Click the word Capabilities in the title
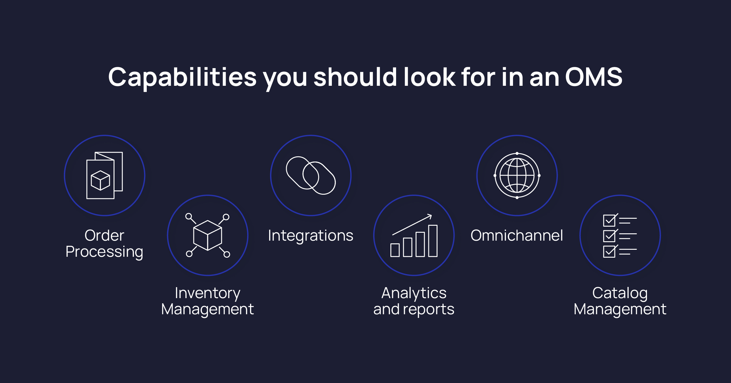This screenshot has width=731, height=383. tap(182, 77)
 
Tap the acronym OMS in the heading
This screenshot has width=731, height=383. tap(594, 77)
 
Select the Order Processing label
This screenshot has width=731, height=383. tap(104, 243)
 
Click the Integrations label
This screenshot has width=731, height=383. tap(311, 235)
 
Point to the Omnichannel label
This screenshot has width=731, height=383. tap(517, 235)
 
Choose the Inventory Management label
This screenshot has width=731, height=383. tap(207, 301)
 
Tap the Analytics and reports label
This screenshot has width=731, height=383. tap(414, 301)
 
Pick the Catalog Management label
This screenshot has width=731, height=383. tap(620, 301)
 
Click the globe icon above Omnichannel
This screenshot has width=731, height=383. tap(517, 176)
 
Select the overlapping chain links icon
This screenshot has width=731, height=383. tap(311, 176)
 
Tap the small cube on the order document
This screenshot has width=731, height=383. tap(100, 180)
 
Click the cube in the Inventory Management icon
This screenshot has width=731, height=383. tap(208, 235)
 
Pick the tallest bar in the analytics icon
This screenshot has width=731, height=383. tap(433, 241)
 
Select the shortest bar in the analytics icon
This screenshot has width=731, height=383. tap(395, 250)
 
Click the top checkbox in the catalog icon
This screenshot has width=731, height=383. tap(609, 221)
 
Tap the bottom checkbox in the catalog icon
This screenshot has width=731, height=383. tap(609, 252)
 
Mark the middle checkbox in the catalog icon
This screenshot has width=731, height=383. tap(609, 236)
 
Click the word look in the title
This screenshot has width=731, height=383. tap(429, 77)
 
